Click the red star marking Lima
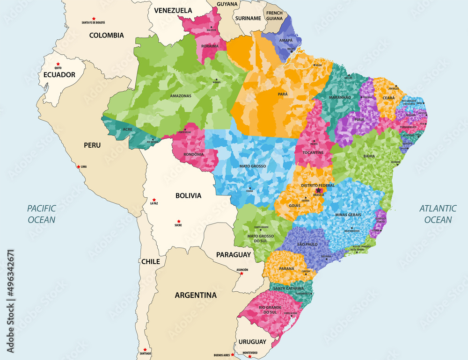click(78, 166)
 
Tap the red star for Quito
click(58, 64)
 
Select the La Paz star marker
click(154, 200)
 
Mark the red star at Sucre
click(178, 221)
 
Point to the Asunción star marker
click(242, 274)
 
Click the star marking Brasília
click(318, 191)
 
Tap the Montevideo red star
click(250, 357)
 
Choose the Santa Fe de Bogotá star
click(94, 19)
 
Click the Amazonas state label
click(181, 96)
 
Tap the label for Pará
click(283, 94)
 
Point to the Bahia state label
click(369, 157)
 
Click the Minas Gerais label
click(348, 215)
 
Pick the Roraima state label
click(210, 46)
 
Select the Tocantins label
click(313, 153)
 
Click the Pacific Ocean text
click(41, 214)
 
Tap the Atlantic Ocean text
click(435, 214)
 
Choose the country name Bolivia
click(188, 195)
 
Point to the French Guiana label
click(275, 16)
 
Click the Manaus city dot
click(216, 79)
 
